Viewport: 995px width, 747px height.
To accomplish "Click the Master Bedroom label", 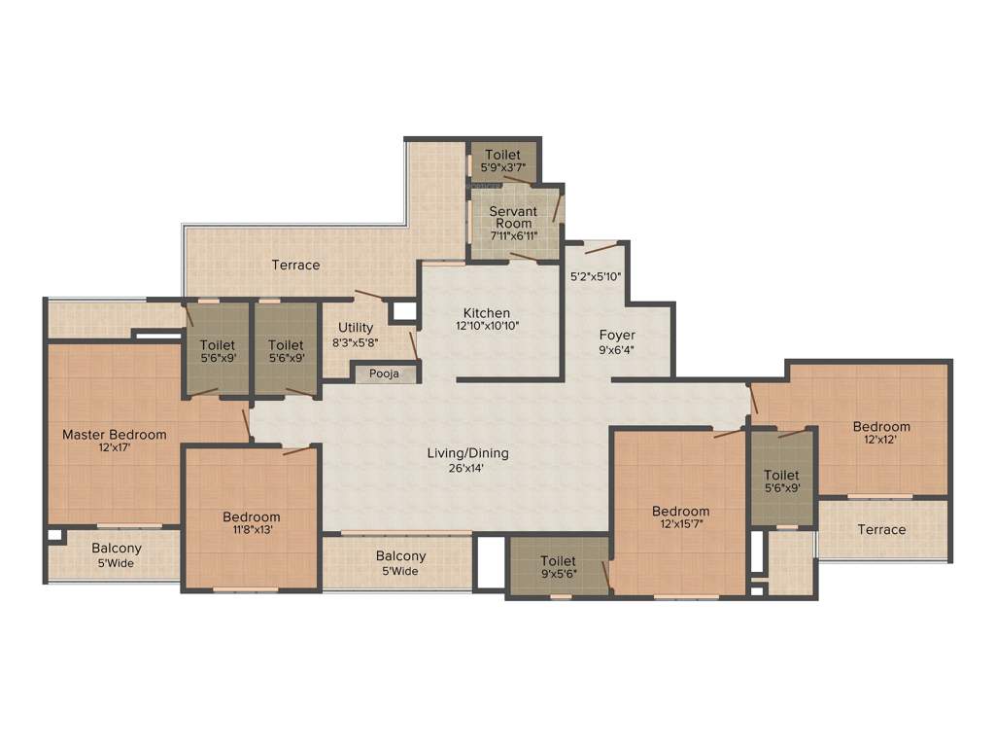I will pyautogui.click(x=115, y=435).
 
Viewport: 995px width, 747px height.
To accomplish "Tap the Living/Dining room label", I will pyautogui.click(x=468, y=453).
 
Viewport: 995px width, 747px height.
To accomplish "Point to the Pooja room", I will pyautogui.click(x=385, y=373).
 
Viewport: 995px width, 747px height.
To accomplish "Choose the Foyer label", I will pyautogui.click(x=617, y=336).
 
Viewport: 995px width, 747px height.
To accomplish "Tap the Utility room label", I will pyautogui.click(x=356, y=328).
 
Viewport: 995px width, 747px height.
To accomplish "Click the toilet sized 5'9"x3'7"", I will pyautogui.click(x=502, y=160).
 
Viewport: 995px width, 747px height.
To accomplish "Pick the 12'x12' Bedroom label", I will pyautogui.click(x=881, y=426).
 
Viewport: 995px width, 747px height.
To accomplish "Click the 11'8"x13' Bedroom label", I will pyautogui.click(x=251, y=516).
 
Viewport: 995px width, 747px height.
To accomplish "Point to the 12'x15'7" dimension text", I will pyautogui.click(x=680, y=524).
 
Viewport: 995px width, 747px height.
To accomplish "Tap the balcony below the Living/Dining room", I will pyautogui.click(x=400, y=563).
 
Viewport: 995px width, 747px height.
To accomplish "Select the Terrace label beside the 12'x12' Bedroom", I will pyautogui.click(x=881, y=530).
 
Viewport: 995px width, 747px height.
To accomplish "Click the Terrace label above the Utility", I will pyautogui.click(x=295, y=265).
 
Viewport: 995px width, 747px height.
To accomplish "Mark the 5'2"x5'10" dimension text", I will pyautogui.click(x=595, y=276).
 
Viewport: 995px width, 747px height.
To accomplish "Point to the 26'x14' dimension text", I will pyautogui.click(x=468, y=468).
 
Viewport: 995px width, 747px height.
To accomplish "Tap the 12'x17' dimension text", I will pyautogui.click(x=115, y=448).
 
